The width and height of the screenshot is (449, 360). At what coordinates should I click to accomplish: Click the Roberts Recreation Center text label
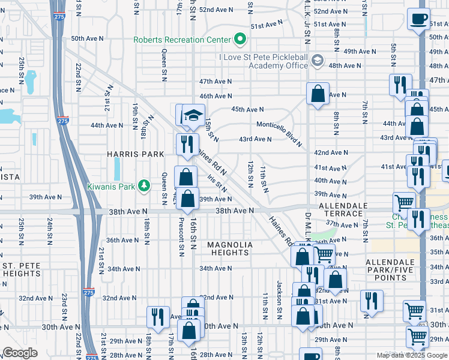182,40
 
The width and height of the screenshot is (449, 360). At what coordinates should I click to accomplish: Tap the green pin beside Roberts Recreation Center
241,40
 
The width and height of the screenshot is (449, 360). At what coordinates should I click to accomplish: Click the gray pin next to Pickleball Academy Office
318,61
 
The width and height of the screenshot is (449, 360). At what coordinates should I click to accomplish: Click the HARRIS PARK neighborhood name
135,154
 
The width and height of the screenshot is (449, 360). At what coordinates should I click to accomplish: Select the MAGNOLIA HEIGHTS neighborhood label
230,249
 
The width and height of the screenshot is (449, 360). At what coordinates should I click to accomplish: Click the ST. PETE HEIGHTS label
21,269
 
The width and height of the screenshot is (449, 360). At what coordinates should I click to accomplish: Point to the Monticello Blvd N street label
279,132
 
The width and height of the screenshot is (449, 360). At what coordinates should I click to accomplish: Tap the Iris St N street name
217,181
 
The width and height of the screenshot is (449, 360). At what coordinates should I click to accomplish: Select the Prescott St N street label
180,236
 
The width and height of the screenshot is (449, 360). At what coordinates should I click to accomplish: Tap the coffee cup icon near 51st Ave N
418,18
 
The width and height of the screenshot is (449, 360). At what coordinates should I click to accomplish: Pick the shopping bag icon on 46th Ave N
318,94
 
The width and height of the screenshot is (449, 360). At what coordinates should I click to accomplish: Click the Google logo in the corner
20,352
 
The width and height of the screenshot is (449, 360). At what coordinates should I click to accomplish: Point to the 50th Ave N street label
88,38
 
